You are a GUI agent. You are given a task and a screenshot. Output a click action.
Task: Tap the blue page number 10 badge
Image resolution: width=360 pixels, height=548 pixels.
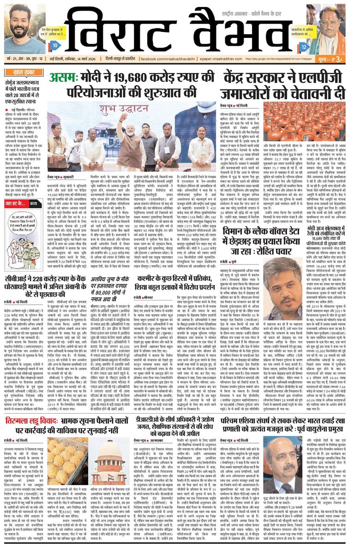55,46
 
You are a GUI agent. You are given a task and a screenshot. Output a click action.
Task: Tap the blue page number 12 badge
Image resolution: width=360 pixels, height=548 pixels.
303,47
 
